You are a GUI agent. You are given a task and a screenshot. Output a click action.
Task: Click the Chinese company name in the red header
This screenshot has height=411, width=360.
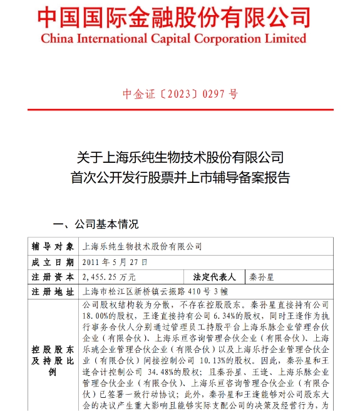click(173, 17)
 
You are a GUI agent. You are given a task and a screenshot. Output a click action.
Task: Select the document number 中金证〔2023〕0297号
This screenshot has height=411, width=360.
click(180, 94)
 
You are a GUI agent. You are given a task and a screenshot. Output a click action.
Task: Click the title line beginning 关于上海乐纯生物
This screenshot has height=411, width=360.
click(180, 156)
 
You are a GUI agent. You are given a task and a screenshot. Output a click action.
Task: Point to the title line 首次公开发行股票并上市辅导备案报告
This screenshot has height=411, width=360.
click(180, 177)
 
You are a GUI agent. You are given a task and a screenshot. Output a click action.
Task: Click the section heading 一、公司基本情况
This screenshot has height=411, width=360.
click(96, 224)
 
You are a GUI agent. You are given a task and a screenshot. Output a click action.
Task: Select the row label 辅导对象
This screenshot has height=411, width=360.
click(53, 246)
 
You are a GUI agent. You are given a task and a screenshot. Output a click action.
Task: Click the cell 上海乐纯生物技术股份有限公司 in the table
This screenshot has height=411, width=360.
click(143, 246)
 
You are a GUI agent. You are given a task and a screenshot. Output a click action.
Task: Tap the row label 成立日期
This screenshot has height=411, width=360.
click(53, 261)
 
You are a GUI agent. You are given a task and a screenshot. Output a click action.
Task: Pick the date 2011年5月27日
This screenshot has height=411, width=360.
click(115, 261)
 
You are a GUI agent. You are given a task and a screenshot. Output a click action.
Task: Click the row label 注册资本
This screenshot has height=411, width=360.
click(53, 276)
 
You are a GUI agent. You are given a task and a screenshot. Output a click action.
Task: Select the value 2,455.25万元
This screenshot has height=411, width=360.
click(109, 276)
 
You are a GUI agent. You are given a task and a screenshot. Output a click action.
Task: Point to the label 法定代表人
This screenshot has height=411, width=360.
click(214, 276)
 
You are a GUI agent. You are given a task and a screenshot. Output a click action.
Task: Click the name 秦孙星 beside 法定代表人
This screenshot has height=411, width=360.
click(262, 276)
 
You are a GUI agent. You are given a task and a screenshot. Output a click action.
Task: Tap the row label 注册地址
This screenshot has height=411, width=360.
click(53, 291)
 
